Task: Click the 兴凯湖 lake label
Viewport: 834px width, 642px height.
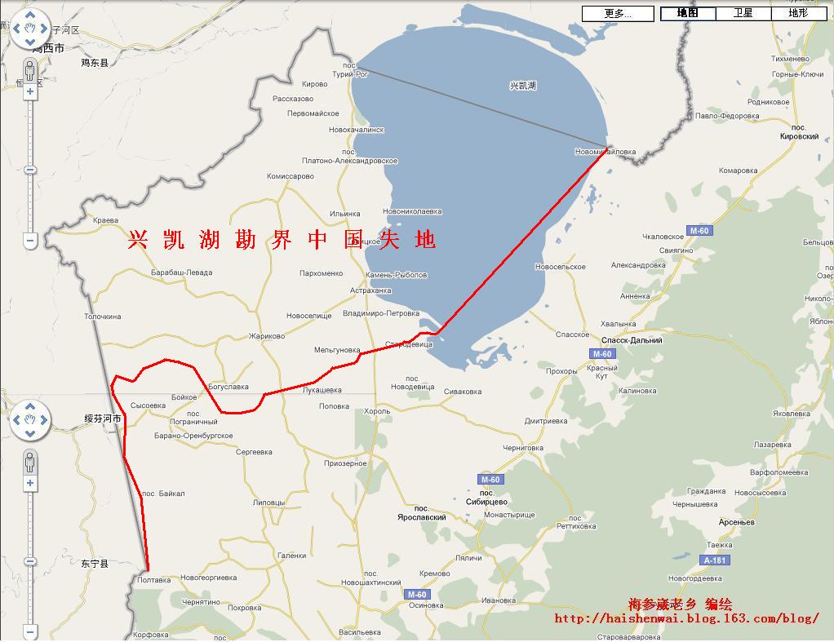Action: click(x=522, y=86)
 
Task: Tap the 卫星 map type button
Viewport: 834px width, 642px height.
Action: click(x=743, y=13)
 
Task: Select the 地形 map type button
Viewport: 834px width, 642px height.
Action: click(x=798, y=13)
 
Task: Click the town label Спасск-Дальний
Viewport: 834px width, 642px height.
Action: click(x=632, y=340)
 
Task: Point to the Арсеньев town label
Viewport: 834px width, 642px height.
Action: click(x=737, y=522)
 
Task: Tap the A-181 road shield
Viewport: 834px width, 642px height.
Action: click(x=714, y=560)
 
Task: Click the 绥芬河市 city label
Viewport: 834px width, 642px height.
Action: click(x=103, y=418)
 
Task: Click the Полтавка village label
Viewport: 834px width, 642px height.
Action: click(x=154, y=580)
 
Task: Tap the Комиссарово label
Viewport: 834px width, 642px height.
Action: click(x=291, y=176)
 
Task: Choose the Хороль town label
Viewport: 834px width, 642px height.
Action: click(x=377, y=411)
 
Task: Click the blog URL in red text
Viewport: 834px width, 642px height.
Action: click(x=686, y=618)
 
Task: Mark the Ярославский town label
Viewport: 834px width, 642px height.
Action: click(x=422, y=517)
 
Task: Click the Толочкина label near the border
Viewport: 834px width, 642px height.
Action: click(x=103, y=317)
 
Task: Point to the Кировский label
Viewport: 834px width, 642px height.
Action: click(x=799, y=137)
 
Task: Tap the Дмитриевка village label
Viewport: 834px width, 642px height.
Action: click(x=546, y=422)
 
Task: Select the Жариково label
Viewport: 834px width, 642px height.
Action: click(x=267, y=336)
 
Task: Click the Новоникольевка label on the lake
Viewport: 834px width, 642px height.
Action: click(x=412, y=211)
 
